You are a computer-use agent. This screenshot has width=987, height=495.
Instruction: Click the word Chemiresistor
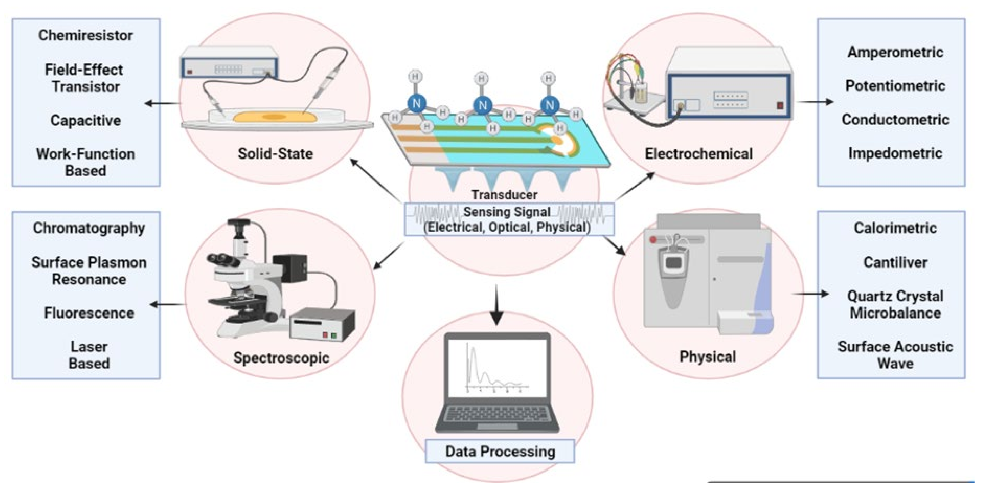click(85, 35)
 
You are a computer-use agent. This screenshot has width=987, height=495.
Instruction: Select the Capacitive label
click(85, 120)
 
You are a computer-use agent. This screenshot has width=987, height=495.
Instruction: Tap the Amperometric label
click(895, 52)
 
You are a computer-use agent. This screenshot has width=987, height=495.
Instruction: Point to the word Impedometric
click(895, 153)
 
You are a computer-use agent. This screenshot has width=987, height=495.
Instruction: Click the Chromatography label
click(89, 228)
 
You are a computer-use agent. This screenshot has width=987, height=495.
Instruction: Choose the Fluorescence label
click(89, 313)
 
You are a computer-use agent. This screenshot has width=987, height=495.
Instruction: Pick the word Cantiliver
click(895, 262)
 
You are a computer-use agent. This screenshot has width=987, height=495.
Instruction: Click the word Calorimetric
click(895, 228)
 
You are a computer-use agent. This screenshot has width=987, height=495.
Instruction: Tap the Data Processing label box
click(500, 451)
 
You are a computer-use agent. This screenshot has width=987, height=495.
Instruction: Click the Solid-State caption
click(275, 154)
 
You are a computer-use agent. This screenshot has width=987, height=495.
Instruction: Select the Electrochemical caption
click(698, 154)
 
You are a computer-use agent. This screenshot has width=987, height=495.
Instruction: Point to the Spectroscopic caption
click(281, 358)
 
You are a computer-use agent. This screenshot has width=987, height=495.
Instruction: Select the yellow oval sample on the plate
click(274, 117)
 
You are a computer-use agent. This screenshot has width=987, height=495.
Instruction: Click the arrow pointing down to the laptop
click(497, 306)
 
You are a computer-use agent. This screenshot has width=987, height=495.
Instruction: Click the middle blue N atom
click(483, 105)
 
